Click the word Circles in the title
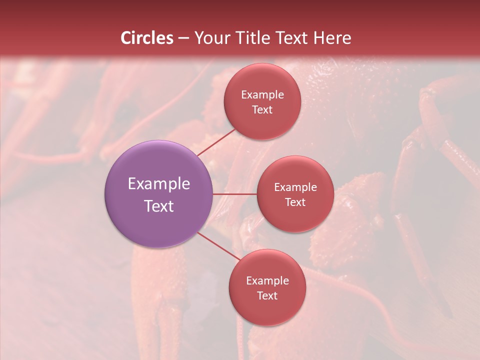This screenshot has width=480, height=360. click(x=147, y=38)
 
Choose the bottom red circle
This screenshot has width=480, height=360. click(x=267, y=310)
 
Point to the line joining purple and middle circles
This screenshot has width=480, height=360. click(x=235, y=193)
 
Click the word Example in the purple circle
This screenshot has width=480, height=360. click(x=159, y=184)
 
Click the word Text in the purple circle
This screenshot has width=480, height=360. click(x=159, y=206)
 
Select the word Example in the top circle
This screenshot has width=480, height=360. click(x=262, y=95)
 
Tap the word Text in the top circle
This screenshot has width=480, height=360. click(x=262, y=109)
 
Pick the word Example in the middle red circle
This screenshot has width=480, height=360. click(x=295, y=187)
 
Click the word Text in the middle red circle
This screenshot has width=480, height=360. click(x=295, y=202)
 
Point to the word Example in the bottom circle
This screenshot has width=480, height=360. click(x=267, y=281)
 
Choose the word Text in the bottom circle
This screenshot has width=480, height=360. click(x=267, y=295)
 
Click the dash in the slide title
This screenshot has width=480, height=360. click(x=183, y=38)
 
